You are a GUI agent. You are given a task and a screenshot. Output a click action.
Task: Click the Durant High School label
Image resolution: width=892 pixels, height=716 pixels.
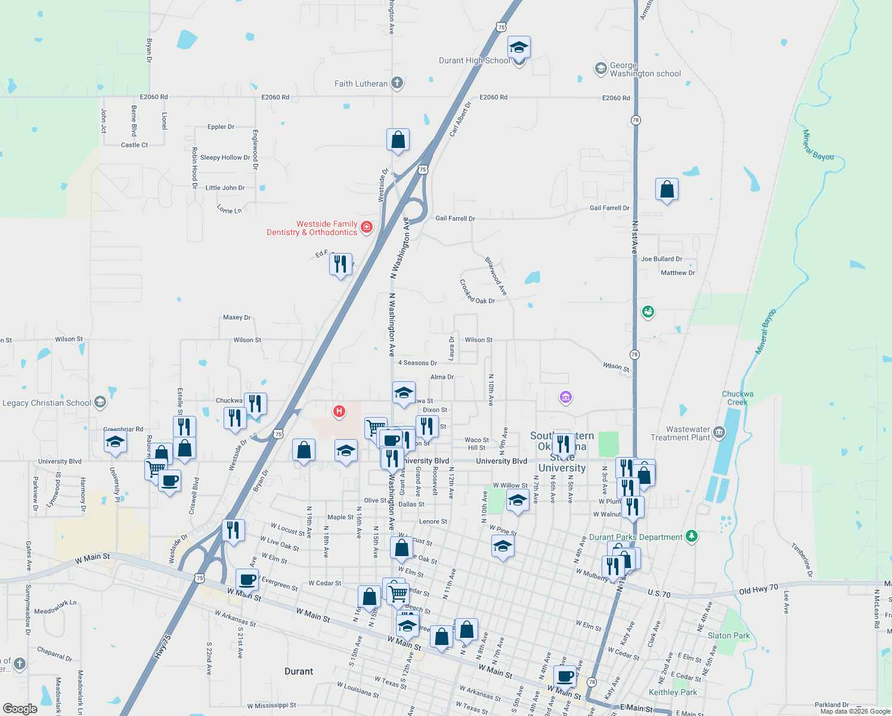474,60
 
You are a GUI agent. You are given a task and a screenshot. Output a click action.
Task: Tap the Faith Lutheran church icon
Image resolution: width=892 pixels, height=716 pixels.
398,84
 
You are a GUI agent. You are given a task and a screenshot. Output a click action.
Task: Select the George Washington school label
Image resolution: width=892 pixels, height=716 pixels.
645,70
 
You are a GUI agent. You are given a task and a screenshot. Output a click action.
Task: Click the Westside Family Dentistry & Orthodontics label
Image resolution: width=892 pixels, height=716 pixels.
312,229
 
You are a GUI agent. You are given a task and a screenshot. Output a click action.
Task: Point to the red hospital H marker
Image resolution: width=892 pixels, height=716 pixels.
339,411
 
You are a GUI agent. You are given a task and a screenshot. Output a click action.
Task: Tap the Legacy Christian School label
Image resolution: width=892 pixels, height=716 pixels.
47,403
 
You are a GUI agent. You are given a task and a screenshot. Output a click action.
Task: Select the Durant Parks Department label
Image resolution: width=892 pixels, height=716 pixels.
636,538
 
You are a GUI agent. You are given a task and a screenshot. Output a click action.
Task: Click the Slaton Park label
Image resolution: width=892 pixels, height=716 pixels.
729,635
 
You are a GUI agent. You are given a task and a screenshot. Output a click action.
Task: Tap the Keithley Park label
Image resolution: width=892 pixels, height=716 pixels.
673,692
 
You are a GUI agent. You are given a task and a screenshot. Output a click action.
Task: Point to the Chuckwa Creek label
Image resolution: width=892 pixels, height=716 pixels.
738,398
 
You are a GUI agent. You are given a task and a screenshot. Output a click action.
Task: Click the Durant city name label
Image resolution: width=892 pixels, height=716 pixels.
299,671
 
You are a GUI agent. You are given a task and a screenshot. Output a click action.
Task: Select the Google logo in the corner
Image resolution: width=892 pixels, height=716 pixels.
20,709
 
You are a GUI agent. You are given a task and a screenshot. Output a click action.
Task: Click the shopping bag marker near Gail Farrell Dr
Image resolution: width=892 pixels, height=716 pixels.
667,190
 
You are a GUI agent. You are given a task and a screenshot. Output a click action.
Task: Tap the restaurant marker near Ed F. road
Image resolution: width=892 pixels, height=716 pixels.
340,264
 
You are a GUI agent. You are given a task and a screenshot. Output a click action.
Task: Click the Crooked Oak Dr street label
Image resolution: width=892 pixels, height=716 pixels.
477,292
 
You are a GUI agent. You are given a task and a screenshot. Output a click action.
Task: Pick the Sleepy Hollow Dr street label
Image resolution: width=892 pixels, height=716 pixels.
225,158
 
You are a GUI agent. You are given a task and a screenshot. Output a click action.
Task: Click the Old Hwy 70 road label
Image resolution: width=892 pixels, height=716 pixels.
758,589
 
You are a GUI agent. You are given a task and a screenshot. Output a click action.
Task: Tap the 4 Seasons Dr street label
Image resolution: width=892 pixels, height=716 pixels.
417,363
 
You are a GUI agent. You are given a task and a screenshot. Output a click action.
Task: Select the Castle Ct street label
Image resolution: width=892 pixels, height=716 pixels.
134,145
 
